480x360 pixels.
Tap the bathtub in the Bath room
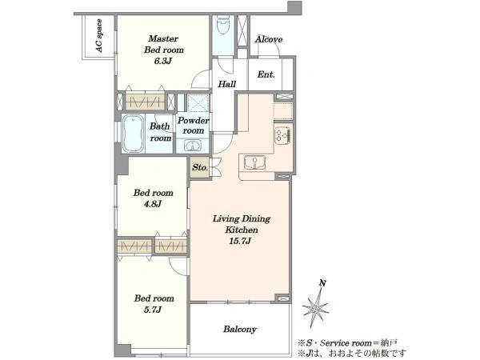pos(133,134)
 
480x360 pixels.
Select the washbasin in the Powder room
pos(193,145)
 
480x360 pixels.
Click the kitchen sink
pos(254,162)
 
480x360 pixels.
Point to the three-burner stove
pos(283,134)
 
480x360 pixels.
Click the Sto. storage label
pos(200,167)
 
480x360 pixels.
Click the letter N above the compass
pos(322,283)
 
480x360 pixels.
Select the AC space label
pos(98,36)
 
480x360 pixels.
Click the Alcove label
pos(269,39)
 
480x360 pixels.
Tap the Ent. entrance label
pos(266,74)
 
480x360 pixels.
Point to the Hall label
pos(227,84)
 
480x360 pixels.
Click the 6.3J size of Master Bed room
pos(163,61)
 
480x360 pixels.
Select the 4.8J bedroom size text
pos(153,204)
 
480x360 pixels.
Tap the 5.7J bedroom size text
pos(153,310)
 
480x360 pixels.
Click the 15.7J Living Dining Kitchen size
pos(240,241)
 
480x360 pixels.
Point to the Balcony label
pos(240,330)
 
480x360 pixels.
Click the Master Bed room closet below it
pos(145,102)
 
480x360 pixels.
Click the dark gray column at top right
pos(294,8)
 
